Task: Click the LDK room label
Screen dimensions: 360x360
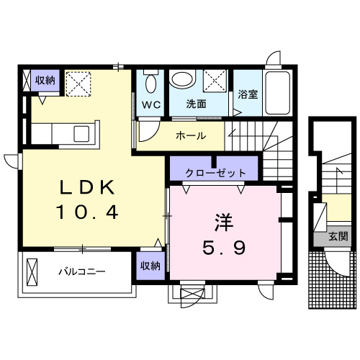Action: click(x=86, y=187)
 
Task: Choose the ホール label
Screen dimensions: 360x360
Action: click(x=191, y=135)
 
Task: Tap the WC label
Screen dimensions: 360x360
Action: click(x=151, y=104)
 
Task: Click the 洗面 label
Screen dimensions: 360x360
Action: click(x=197, y=104)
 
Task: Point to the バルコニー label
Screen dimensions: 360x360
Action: click(x=82, y=273)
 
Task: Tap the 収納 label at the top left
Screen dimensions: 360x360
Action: click(x=45, y=80)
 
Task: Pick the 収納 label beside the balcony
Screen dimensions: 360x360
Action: click(x=150, y=266)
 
